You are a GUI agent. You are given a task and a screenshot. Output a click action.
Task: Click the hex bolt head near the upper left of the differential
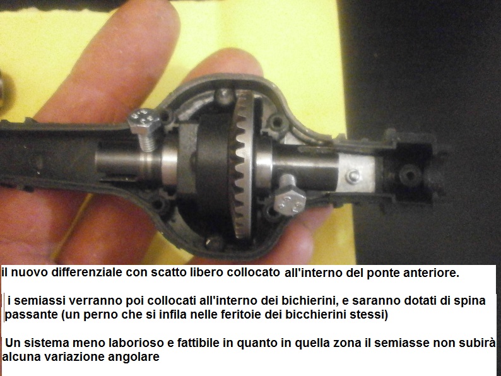143,120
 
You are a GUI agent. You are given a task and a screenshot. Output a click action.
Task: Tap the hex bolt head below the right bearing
290,200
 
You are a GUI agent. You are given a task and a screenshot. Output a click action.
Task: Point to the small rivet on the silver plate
353,176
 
